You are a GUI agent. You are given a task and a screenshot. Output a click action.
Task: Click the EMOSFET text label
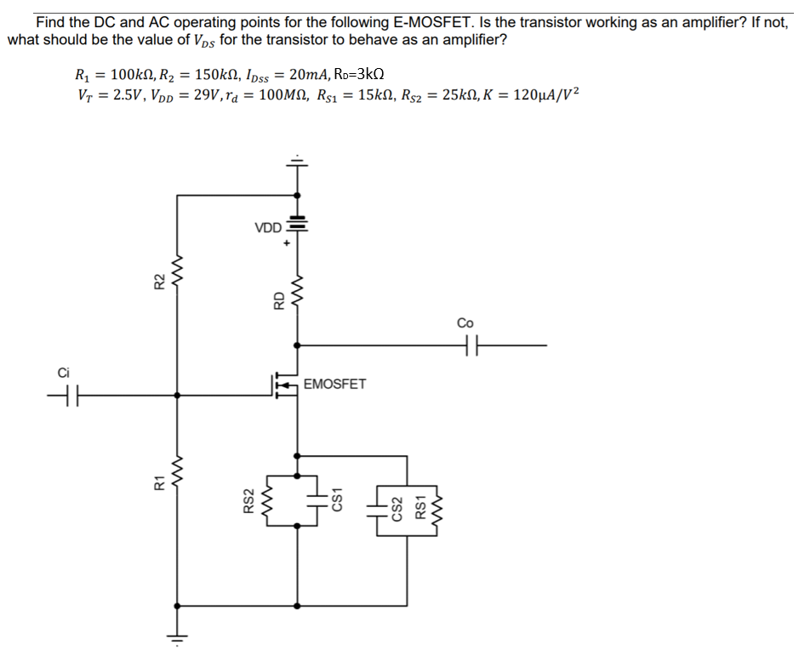334,384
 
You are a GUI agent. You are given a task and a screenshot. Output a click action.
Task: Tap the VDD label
267,228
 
